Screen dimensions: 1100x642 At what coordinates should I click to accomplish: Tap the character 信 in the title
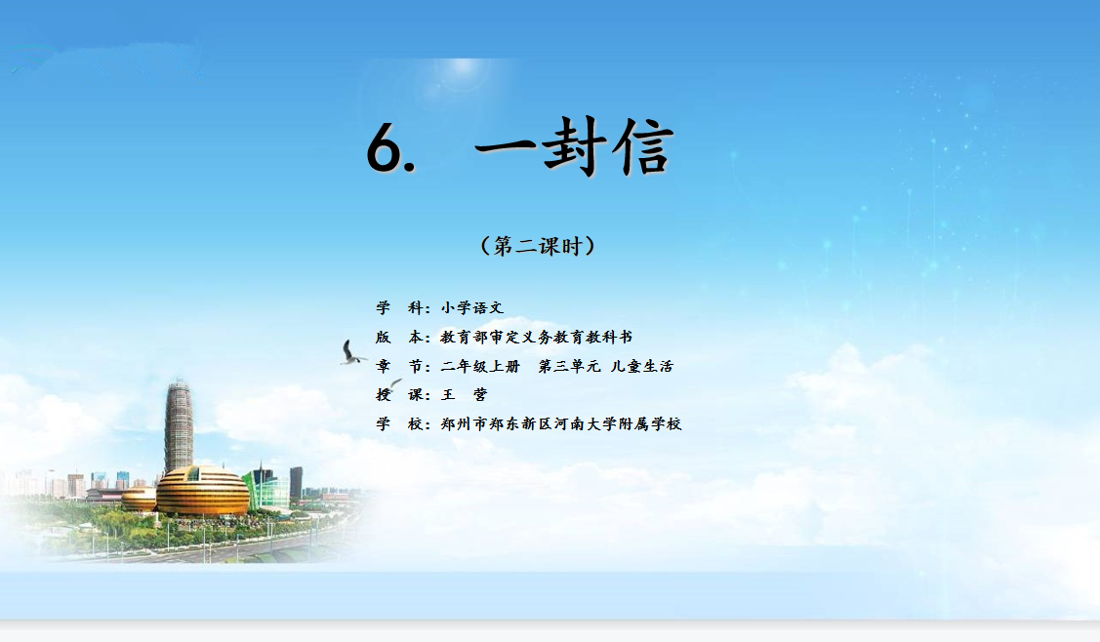point(642,146)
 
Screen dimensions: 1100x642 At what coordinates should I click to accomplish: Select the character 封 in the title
point(575,146)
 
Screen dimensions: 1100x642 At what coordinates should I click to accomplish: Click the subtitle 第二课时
point(538,246)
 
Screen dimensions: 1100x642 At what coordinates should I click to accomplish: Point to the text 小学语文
point(472,307)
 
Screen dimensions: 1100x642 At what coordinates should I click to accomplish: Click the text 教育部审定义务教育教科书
point(537,337)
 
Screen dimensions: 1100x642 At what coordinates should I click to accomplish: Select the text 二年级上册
point(480,366)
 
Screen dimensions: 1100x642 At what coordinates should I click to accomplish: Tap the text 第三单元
point(569,366)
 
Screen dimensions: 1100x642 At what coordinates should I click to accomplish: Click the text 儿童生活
point(642,366)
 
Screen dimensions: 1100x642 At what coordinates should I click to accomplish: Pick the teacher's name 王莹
point(464,394)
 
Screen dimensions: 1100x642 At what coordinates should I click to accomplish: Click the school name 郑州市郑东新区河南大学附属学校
point(561,423)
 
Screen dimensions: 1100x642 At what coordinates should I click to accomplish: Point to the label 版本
point(400,337)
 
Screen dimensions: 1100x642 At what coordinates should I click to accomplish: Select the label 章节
point(400,366)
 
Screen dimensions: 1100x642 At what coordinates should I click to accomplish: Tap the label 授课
point(400,394)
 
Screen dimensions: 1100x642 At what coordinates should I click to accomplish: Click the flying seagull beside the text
point(351,353)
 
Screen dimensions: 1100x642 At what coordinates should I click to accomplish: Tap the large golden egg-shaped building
point(202,491)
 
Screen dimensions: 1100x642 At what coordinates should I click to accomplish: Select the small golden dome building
point(140,499)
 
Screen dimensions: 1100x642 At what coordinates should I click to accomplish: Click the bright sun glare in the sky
point(463,67)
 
